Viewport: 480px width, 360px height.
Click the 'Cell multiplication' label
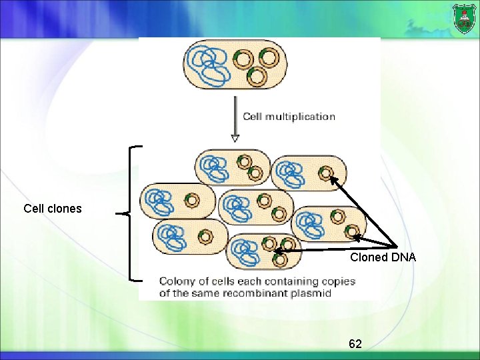click(x=289, y=117)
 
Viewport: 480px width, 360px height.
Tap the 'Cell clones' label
click(x=53, y=209)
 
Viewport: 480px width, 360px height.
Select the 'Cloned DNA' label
click(x=383, y=257)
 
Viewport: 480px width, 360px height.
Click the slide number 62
click(x=355, y=344)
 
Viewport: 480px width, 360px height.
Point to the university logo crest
click(x=464, y=19)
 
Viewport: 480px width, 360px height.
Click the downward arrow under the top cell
click(x=235, y=119)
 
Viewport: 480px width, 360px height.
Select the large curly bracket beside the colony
click(x=129, y=213)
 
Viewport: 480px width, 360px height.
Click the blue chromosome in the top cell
click(x=208, y=65)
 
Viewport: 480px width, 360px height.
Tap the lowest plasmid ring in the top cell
click(x=257, y=77)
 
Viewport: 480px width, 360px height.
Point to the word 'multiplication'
click(x=300, y=117)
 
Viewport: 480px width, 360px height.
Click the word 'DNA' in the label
click(x=403, y=257)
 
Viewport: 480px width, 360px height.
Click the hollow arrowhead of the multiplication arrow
click(x=235, y=139)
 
